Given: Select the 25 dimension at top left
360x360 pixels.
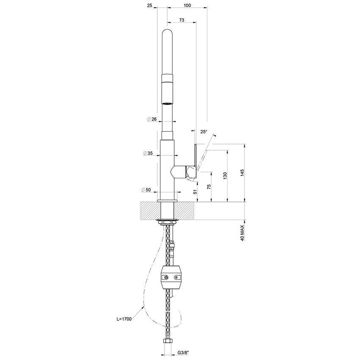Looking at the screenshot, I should coord(149,5).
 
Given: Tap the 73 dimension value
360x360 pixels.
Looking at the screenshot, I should coord(181,20).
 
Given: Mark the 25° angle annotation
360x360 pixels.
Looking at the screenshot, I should coord(204,132).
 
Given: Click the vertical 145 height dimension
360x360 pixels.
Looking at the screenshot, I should coord(242,174).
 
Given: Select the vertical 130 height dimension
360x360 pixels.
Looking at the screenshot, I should coord(225,174).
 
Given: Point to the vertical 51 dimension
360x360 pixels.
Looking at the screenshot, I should coord(195,191).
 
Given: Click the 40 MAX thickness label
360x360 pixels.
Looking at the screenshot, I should coord(242,233).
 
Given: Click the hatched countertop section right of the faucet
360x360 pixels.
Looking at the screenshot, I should coord(187,210).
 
